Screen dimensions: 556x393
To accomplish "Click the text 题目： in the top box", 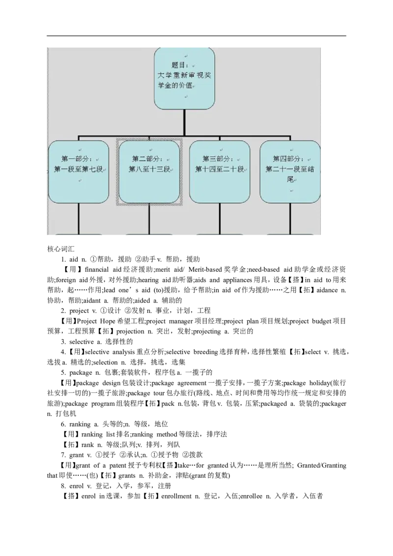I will pyautogui.click(x=180, y=65).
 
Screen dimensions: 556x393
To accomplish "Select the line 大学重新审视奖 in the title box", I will pyautogui.click(x=184, y=75).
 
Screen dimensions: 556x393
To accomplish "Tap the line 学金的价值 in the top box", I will pyautogui.click(x=174, y=85).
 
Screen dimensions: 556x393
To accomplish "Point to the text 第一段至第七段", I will pyautogui.click(x=79, y=169).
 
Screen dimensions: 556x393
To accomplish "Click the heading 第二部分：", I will pyautogui.click(x=148, y=159).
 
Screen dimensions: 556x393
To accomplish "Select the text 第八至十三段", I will pyautogui.click(x=149, y=169).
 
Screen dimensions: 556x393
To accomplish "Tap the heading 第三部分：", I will pyautogui.click(x=218, y=159).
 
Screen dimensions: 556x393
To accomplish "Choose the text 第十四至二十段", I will pyautogui.click(x=220, y=169).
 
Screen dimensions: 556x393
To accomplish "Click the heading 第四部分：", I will pyautogui.click(x=288, y=159).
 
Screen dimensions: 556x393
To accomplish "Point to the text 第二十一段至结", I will pyautogui.click(x=290, y=169).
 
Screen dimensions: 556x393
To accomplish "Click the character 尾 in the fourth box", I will pyautogui.click(x=290, y=180).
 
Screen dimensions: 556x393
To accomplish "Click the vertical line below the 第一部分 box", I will pyautogui.click(x=79, y=218).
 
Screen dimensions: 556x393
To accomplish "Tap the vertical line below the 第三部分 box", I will pyautogui.click(x=220, y=218).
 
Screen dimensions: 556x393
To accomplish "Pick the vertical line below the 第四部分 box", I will pyautogui.click(x=290, y=218).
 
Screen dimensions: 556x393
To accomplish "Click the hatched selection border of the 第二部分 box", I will pyautogui.click(x=117, y=172).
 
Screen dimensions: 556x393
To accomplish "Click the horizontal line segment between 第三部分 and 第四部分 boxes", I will pyautogui.click(x=254, y=135).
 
